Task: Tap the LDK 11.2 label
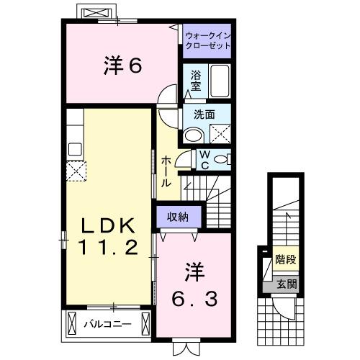(x=107, y=237)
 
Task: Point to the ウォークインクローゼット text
(x=208, y=40)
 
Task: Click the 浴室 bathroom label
(x=196, y=80)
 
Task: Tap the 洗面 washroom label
(x=205, y=114)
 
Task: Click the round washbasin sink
(x=193, y=135)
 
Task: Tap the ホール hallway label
(x=166, y=172)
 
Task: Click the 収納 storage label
(x=179, y=215)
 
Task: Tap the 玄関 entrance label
(x=285, y=284)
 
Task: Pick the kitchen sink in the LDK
(x=75, y=149)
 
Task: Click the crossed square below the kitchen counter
(x=76, y=171)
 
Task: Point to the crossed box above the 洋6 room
(x=96, y=14)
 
